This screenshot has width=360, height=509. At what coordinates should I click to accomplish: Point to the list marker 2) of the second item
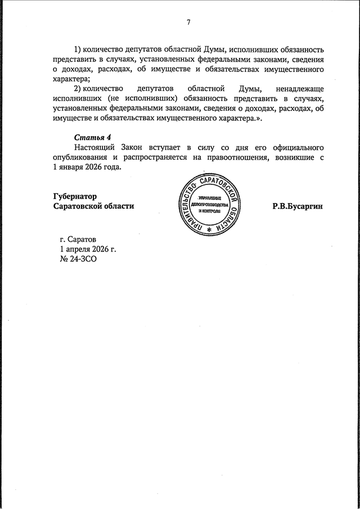pos(78,89)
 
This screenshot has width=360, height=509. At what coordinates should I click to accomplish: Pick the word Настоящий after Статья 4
pos(93,147)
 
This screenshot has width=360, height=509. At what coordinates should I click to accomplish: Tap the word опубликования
pos(82,157)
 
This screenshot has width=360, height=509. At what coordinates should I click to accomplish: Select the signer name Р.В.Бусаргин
pos(298,206)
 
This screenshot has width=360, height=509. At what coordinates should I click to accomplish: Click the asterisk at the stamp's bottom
pos(209,231)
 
